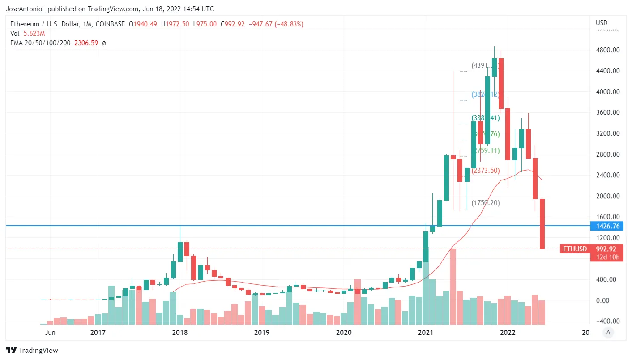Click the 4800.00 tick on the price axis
607,50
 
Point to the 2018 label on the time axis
179,333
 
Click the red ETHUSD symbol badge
574,249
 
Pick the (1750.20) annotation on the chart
486,203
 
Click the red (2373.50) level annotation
486,170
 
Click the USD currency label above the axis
602,23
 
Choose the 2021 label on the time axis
426,333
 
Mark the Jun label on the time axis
50,333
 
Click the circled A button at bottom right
607,332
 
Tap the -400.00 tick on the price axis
607,321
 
